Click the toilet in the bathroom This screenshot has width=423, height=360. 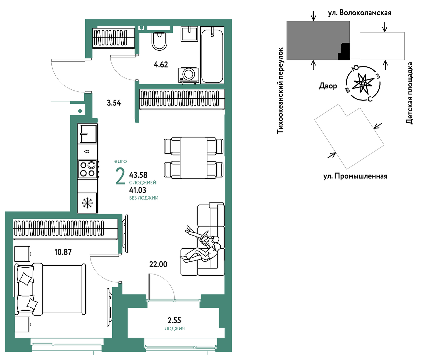click(x=159, y=41)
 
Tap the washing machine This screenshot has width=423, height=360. click(x=189, y=75)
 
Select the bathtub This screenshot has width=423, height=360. click(x=212, y=55)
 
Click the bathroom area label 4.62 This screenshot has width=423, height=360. click(x=161, y=65)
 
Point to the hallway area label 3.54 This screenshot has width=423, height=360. click(x=114, y=103)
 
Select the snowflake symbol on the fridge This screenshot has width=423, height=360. click(x=88, y=203)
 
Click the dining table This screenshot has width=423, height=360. click(x=194, y=158)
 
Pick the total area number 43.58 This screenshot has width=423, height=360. click(x=138, y=175)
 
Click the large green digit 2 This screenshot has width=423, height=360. click(x=120, y=176)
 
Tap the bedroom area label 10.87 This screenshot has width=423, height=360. click(x=63, y=252)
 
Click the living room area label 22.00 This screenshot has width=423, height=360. click(x=158, y=265)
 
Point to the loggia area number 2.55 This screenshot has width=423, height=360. click(x=174, y=320)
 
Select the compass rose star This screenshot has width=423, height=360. click(x=363, y=83)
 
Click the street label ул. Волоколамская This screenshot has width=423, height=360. click(x=360, y=13)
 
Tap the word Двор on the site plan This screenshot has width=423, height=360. click(x=328, y=86)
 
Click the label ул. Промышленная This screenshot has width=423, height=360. click(x=355, y=176)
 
